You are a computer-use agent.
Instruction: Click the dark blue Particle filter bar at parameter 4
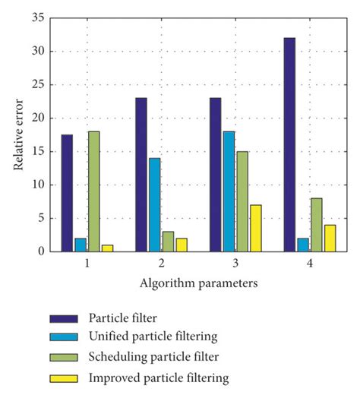tap(289, 144)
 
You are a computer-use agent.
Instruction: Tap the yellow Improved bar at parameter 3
tap(256, 228)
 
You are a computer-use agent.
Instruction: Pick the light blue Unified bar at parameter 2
tap(155, 204)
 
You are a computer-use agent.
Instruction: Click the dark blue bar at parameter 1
tap(68, 193)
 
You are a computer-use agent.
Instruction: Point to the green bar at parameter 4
tap(317, 225)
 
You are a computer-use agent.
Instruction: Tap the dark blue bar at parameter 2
tap(141, 175)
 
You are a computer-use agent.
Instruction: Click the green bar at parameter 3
tap(242, 201)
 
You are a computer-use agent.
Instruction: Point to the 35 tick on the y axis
tap(39, 18)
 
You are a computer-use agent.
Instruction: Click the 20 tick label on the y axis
tap(39, 118)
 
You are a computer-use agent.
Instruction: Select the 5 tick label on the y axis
tap(43, 219)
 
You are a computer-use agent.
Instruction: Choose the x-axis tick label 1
tap(87, 263)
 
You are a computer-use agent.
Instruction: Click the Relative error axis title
tap(19, 135)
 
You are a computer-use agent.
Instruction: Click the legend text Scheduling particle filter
tap(163, 358)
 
